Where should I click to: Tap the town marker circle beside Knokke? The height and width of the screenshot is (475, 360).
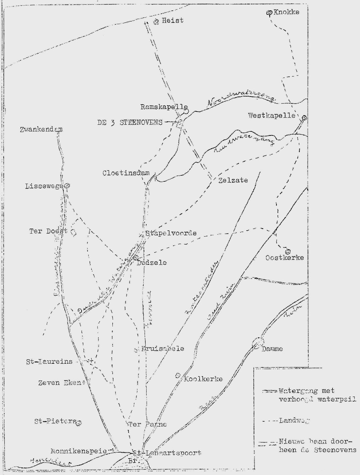click(269, 13)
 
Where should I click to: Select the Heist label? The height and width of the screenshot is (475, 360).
click(172, 20)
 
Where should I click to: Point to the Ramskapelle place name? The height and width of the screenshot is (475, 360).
click(164, 107)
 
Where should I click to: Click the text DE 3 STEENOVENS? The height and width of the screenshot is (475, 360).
click(130, 122)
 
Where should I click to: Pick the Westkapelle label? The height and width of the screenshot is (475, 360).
click(271, 115)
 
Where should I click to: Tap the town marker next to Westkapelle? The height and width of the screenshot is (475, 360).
click(304, 118)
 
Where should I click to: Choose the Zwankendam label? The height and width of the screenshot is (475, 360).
click(41, 129)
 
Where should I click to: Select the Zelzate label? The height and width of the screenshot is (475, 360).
click(233, 180)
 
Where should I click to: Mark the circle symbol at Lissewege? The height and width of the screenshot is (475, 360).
click(67, 185)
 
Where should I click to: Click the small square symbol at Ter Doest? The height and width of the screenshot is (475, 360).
click(73, 232)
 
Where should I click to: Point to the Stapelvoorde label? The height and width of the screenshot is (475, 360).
click(171, 233)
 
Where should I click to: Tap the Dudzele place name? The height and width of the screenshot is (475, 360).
click(152, 262)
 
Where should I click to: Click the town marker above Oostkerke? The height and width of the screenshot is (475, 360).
click(288, 251)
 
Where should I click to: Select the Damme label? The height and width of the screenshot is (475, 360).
click(272, 349)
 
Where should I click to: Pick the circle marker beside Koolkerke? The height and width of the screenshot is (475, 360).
click(178, 375)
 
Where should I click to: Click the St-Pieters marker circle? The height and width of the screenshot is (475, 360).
click(79, 423)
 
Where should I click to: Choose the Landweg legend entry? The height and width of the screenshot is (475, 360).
click(294, 420)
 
